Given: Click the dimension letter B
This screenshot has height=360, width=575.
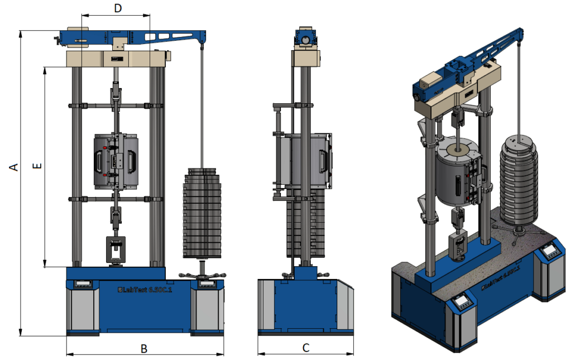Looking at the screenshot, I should pos(144,349).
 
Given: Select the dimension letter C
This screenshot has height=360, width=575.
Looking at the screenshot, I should pos(305,348).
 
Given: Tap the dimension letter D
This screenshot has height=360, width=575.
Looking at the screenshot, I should pos(118,8).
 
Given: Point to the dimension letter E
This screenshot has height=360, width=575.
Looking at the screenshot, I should pos(36,166).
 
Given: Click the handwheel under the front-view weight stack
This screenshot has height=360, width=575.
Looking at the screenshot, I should pos(202,275).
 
